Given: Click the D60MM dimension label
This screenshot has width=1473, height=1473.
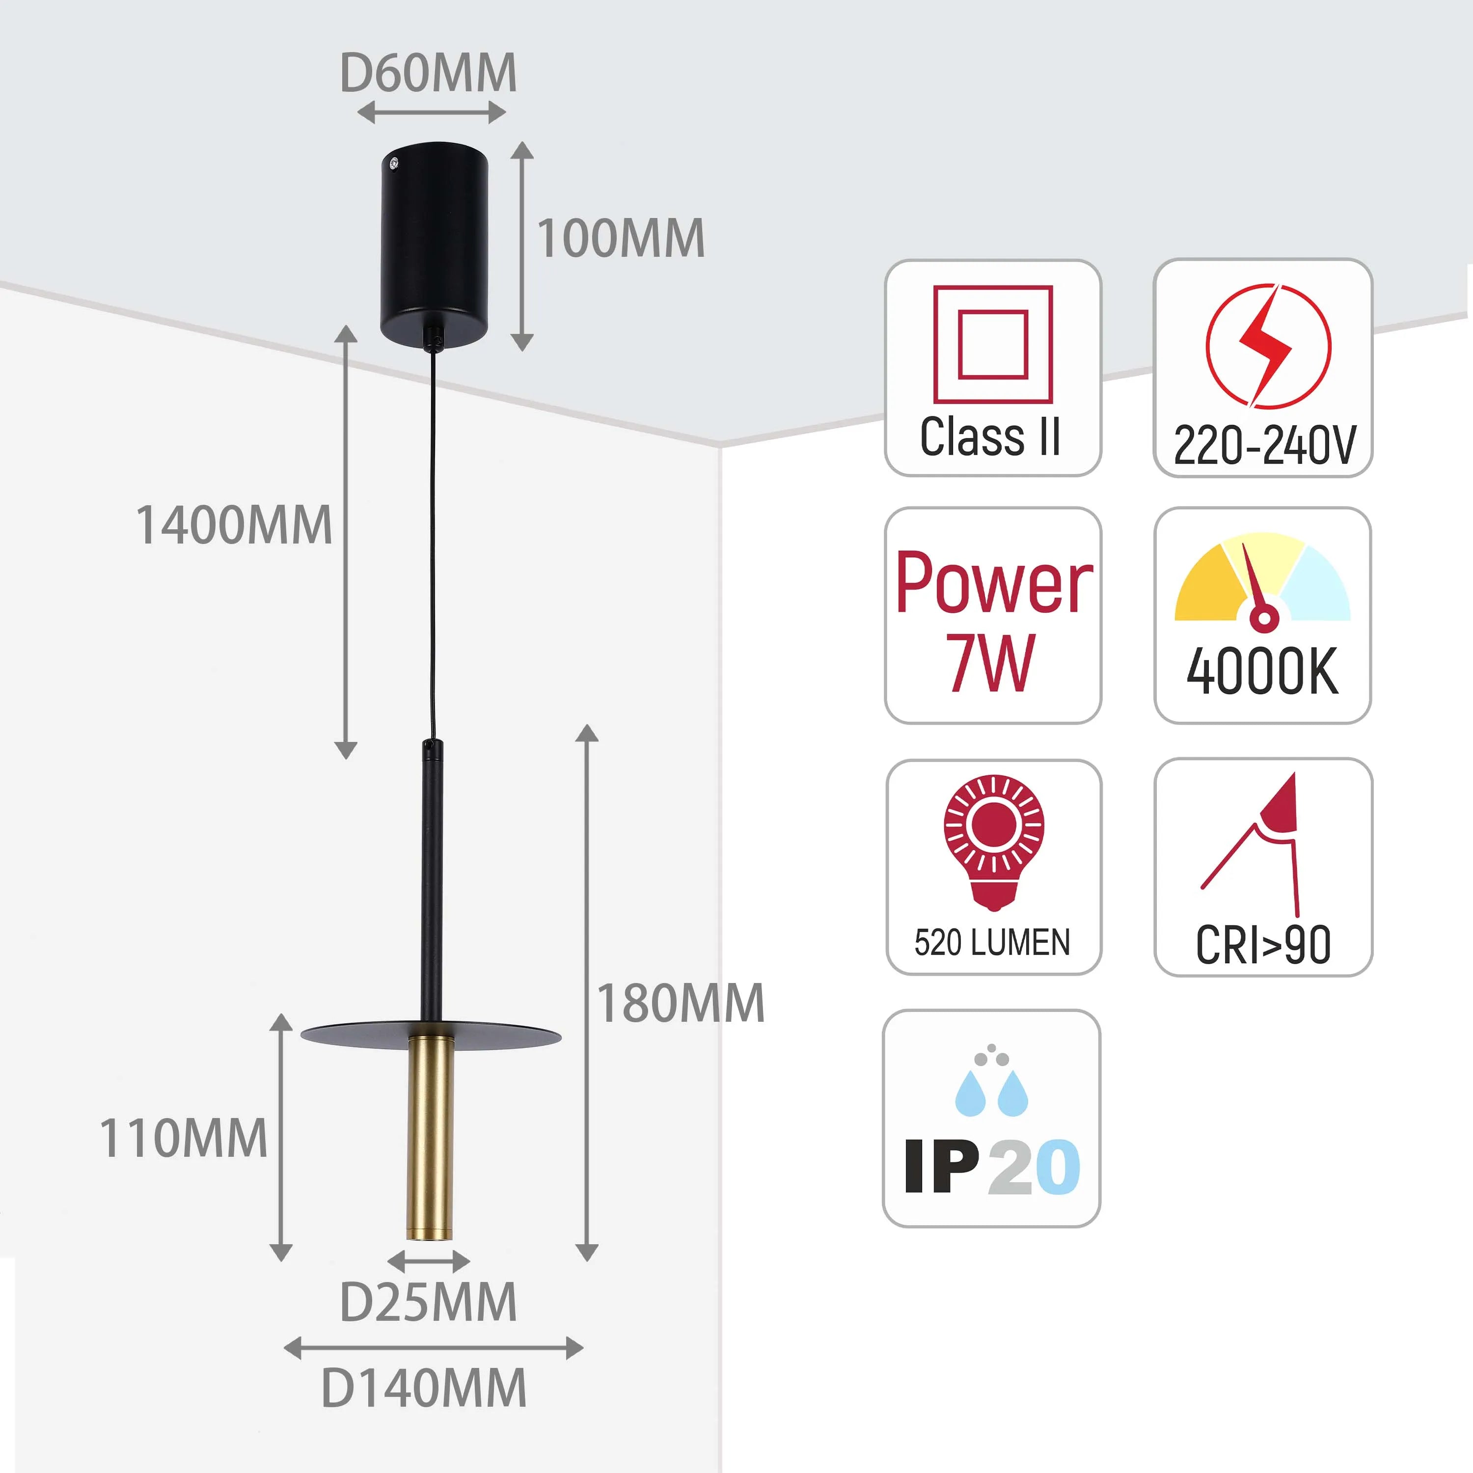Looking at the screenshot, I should [x=428, y=73].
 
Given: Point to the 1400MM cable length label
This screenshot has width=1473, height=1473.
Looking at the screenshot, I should [x=234, y=525].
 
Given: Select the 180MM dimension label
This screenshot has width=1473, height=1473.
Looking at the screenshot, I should [x=680, y=1003].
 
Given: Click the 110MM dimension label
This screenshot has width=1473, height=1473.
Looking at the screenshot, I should [x=184, y=1138].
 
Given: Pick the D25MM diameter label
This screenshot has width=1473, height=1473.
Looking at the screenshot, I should [x=428, y=1302].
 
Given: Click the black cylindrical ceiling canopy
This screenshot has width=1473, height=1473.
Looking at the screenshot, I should [x=435, y=244].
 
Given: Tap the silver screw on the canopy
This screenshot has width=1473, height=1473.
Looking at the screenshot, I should [x=393, y=162].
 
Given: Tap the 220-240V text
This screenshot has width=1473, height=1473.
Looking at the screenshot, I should [x=1264, y=445].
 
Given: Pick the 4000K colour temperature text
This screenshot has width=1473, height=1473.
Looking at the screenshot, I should [x=1262, y=672].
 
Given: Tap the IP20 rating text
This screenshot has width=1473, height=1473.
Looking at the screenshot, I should [x=991, y=1167].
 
